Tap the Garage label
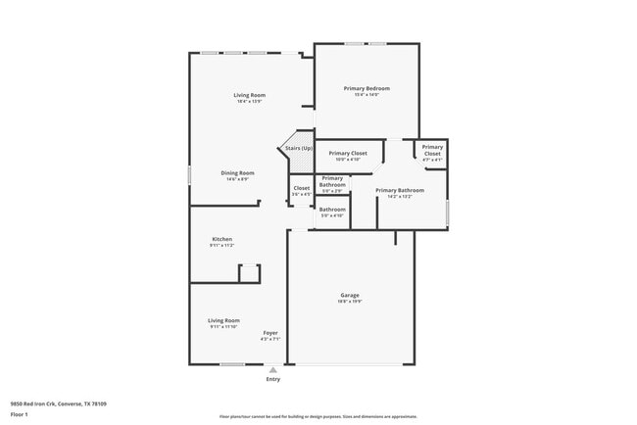click(350, 295)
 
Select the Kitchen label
click(221, 239)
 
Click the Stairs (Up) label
click(299, 148)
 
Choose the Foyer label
click(270, 333)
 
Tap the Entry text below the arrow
click(272, 379)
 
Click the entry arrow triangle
click(272, 369)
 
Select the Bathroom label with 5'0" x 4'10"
click(332, 209)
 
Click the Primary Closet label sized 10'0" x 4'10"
click(348, 153)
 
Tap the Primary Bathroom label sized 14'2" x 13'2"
click(399, 190)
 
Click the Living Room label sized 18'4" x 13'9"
click(250, 95)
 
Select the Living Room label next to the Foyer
click(223, 320)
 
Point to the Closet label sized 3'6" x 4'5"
click(301, 188)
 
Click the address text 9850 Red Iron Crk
click(58, 403)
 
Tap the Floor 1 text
click(19, 414)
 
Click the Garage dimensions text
click(350, 302)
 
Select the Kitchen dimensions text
click(221, 246)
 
